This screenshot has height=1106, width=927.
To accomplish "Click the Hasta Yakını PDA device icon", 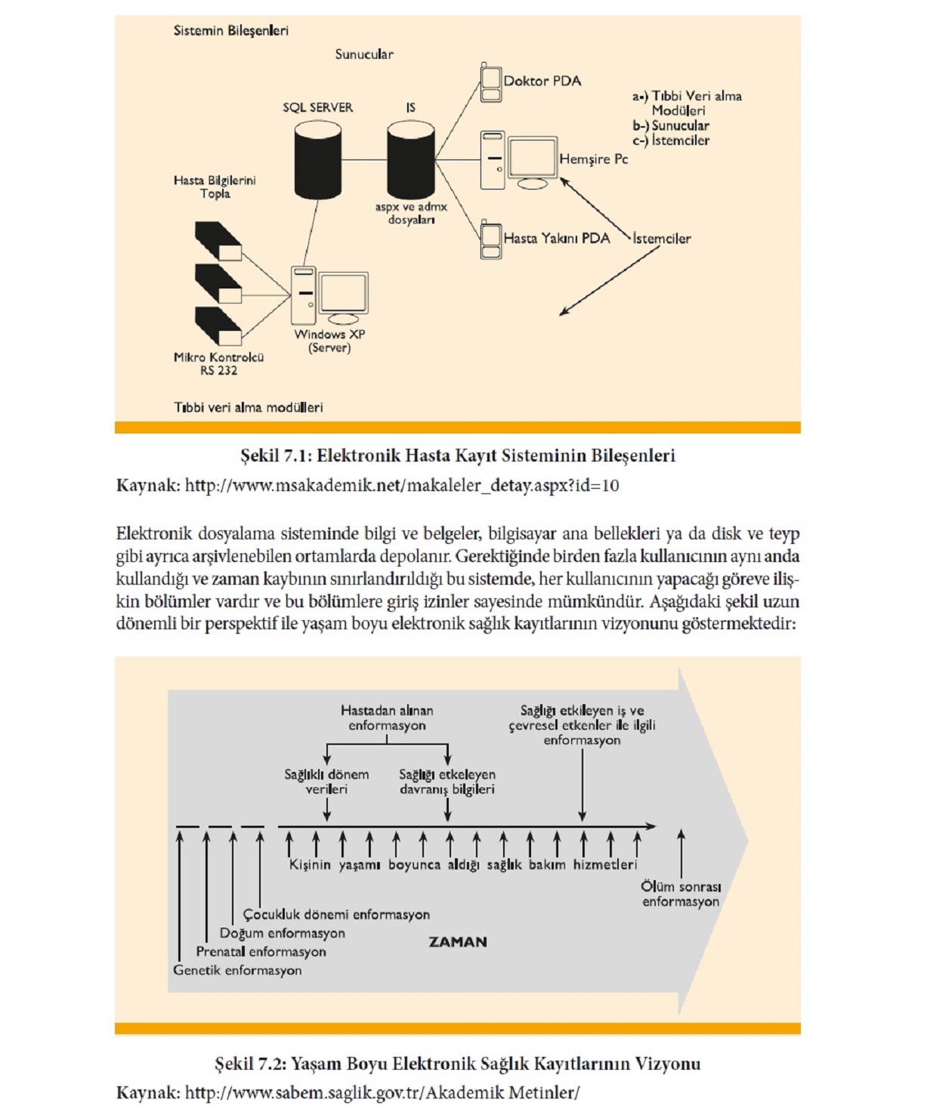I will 490,240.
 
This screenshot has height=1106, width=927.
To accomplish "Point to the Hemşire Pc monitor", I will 532,159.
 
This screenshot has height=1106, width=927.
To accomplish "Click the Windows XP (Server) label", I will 329,341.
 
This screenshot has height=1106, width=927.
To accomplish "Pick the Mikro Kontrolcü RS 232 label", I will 218,363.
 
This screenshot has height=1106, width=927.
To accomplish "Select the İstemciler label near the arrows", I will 662,239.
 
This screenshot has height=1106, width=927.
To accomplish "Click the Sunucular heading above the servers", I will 364,54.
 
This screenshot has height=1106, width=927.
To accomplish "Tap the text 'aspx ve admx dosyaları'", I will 411,213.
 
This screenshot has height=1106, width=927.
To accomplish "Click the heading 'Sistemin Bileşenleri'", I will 230,31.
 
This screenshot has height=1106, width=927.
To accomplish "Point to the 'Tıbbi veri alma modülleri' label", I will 248,407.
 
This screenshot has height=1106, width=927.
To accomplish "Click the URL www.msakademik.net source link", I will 401,485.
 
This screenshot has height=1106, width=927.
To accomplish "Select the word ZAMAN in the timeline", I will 458,942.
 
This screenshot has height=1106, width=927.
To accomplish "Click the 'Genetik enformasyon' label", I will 237,970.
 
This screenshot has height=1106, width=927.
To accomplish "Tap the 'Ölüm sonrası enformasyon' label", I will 681,894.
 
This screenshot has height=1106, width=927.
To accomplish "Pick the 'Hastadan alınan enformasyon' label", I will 387,718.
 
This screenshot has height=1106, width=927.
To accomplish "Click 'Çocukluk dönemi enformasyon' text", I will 336,914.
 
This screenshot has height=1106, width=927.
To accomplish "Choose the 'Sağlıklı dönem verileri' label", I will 326,781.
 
